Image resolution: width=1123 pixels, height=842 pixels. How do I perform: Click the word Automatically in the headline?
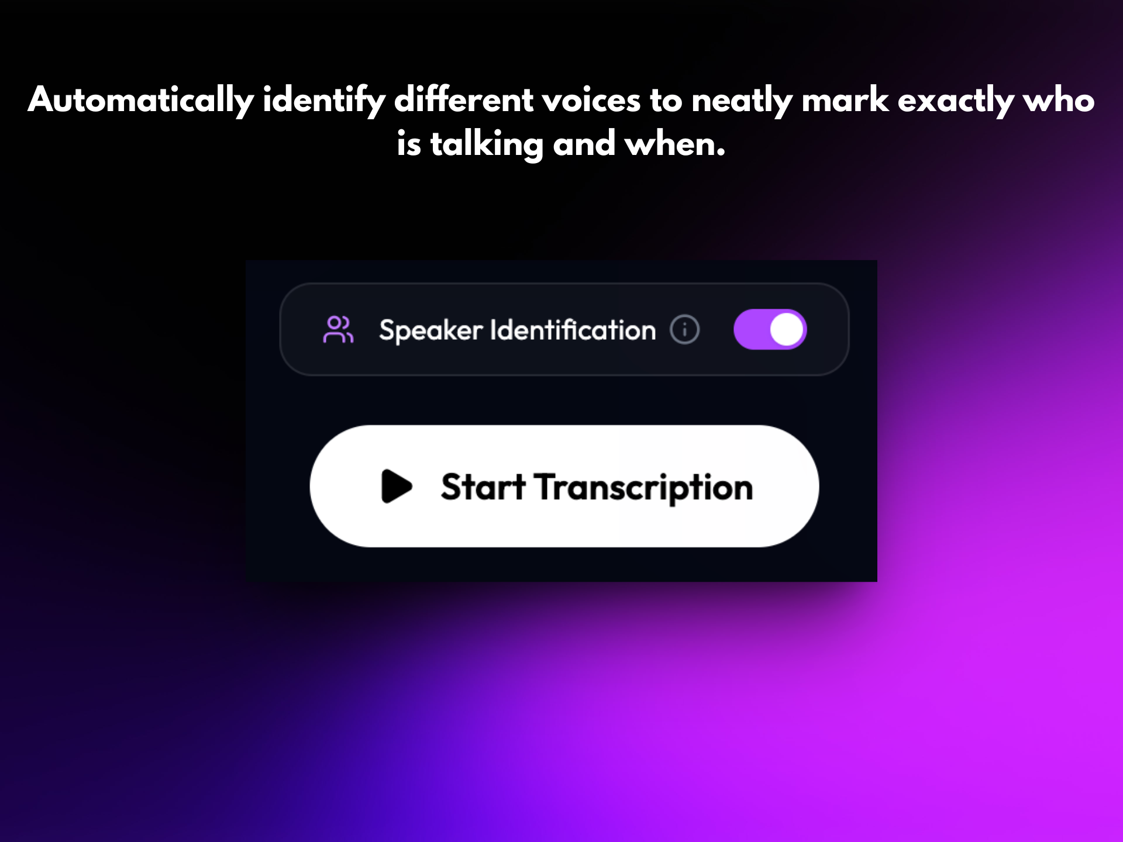[x=140, y=100]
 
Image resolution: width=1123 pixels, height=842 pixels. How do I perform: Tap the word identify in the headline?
[x=323, y=100]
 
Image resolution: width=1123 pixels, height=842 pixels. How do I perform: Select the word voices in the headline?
[x=591, y=100]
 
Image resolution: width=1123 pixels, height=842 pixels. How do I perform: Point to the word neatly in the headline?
[x=741, y=100]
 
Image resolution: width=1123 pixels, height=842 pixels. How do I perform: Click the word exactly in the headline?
[x=955, y=100]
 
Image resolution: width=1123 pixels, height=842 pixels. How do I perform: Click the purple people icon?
[x=338, y=330]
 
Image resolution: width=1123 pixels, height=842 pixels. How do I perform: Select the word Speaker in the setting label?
[x=431, y=330]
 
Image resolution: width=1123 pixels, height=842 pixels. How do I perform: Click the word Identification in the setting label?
[x=573, y=330]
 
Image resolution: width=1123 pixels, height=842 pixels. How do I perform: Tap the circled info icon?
[x=684, y=329]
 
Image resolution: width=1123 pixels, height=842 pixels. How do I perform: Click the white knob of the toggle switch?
[x=786, y=329]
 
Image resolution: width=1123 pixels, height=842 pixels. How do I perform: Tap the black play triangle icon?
[x=396, y=486]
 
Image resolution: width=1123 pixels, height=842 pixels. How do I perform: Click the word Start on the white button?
[x=483, y=486]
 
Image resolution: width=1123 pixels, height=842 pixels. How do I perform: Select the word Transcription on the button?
[x=643, y=487]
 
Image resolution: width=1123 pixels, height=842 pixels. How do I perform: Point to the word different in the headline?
[x=463, y=100]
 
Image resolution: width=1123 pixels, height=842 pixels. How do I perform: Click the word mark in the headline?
[x=845, y=100]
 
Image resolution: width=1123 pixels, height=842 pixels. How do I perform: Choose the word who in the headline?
[x=1059, y=100]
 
